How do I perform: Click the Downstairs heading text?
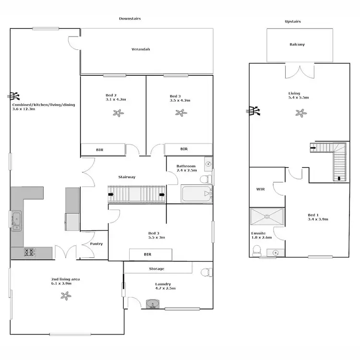(130, 18)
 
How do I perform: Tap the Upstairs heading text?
(293, 22)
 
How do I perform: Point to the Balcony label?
(297, 45)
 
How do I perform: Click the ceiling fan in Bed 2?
(118, 113)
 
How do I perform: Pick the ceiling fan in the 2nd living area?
(65, 296)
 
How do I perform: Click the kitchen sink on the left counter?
(16, 221)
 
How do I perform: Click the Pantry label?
(96, 244)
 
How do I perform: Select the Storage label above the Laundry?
(156, 269)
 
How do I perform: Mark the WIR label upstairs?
(261, 190)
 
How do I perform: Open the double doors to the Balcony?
(300, 71)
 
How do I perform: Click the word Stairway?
(127, 177)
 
